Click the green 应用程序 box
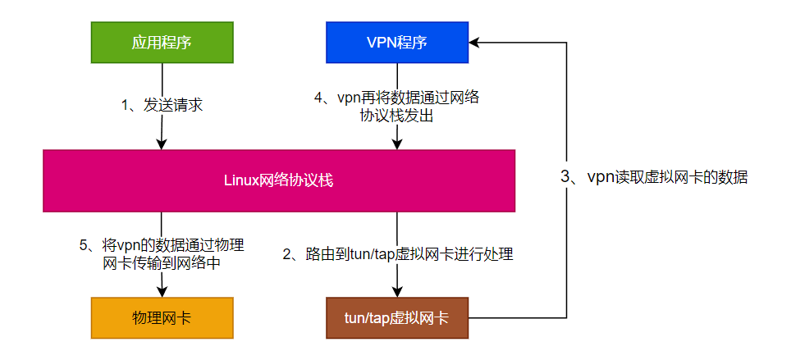[x=162, y=43]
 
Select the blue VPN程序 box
[x=397, y=43]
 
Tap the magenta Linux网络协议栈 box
[x=279, y=181]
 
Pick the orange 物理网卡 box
[x=162, y=317]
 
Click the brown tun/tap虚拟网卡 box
[x=397, y=317]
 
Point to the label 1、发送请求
[x=162, y=105]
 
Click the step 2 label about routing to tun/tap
[x=398, y=255]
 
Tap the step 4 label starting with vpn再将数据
[x=397, y=107]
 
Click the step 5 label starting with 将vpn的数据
[x=162, y=253]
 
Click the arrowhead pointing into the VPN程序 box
[x=475, y=43]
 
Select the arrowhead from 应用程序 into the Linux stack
[x=162, y=144]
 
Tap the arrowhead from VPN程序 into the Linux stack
[x=397, y=144]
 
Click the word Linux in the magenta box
[x=240, y=181]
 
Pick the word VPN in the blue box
[x=381, y=43]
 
